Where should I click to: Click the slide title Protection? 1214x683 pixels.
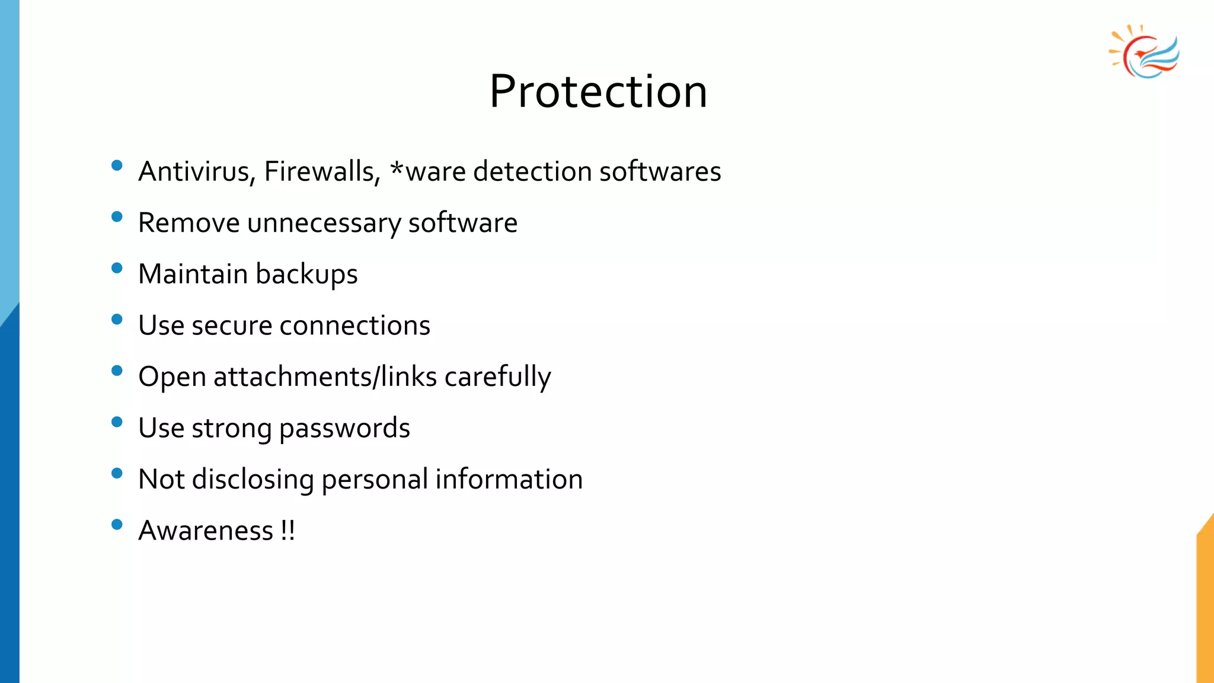pos(598,92)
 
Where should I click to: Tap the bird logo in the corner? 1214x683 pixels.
pos(1145,52)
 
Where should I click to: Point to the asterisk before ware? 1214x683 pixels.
pos(397,170)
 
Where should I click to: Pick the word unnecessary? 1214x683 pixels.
pos(324,224)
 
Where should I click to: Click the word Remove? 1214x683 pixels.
pos(189,223)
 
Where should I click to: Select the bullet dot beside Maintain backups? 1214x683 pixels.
pos(117,268)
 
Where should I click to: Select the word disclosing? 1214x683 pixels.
pos(253,480)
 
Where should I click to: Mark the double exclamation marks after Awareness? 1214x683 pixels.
pos(288,531)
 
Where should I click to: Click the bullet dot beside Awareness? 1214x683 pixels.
pos(117,525)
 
